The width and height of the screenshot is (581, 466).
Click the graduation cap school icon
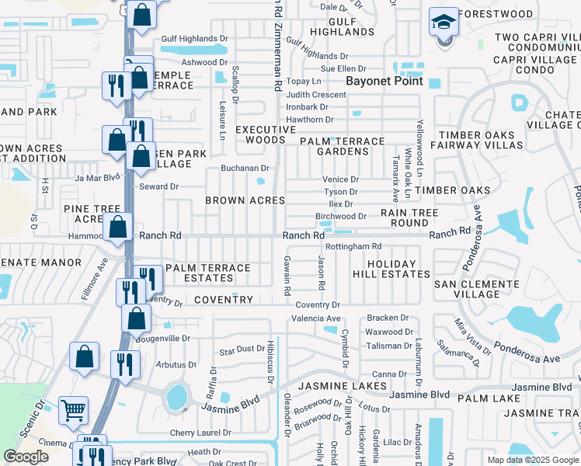pyautogui.click(x=444, y=23)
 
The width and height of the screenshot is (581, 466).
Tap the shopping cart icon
pyautogui.click(x=73, y=411)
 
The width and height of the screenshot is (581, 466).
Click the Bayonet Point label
pyautogui.click(x=384, y=81)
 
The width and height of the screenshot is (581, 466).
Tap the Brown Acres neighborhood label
pyautogui.click(x=245, y=200)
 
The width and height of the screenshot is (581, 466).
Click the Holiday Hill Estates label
pyautogui.click(x=398, y=269)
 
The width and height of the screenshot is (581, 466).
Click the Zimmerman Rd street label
pyautogui.click(x=277, y=39)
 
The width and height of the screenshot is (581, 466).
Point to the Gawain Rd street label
pyautogui.click(x=287, y=275)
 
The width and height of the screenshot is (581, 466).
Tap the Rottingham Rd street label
pyautogui.click(x=353, y=246)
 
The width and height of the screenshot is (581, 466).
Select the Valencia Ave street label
pyautogui.click(x=316, y=318)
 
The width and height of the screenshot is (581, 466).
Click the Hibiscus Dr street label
pyautogui.click(x=271, y=357)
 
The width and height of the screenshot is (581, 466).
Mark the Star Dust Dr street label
pyautogui.click(x=242, y=349)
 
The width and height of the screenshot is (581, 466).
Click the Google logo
pyautogui.click(x=26, y=457)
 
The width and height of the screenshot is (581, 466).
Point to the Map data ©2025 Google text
pyautogui.click(x=532, y=460)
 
